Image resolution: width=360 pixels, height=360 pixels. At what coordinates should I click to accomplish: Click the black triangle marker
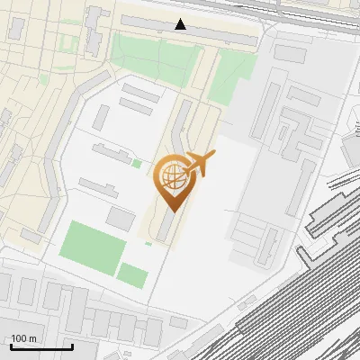point(181,24)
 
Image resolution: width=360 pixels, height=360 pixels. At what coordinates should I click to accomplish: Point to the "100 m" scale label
point(24,338)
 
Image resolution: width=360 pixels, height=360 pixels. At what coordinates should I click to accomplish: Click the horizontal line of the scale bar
point(41,346)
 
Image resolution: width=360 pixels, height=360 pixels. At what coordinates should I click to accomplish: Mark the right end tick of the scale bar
point(72,345)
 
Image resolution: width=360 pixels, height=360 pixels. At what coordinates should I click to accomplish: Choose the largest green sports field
point(92,247)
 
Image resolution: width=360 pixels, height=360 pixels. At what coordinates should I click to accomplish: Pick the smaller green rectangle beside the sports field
point(132,275)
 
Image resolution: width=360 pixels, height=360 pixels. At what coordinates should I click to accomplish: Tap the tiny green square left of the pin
point(137,164)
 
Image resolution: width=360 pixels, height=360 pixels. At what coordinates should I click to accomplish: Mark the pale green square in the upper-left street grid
point(67,42)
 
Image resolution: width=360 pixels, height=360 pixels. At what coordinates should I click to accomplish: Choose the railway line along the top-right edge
point(306,11)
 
